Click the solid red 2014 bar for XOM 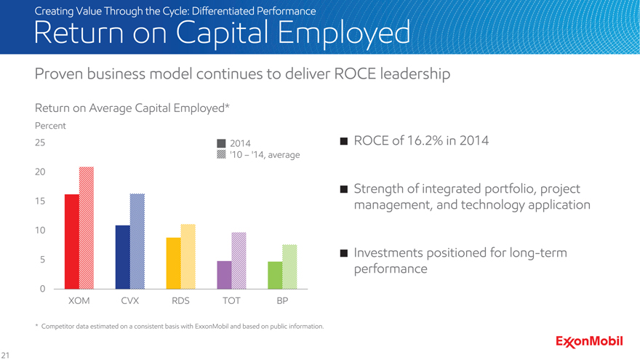tap(71, 241)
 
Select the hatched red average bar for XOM tap(87, 228)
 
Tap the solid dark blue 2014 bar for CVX tap(122, 257)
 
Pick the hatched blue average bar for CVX tap(137, 241)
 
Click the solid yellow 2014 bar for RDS tap(173, 263)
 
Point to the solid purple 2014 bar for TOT tap(224, 275)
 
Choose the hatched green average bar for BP tap(290, 267)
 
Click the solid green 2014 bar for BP tap(275, 275)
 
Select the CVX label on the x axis tap(129, 301)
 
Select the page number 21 tap(6, 354)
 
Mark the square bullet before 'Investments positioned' tap(343, 253)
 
